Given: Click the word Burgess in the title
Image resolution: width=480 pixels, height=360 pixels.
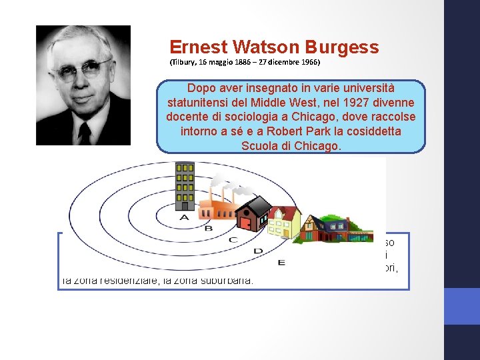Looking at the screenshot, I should coord(342,47).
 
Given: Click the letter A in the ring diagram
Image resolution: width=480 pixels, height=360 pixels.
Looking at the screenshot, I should coord(184,217).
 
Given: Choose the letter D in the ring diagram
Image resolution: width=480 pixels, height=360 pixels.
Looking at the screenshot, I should coord(258,251).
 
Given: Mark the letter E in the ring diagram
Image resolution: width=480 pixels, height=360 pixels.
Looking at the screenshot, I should coord(281,262).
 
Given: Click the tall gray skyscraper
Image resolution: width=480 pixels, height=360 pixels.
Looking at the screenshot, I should coord(185,186).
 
